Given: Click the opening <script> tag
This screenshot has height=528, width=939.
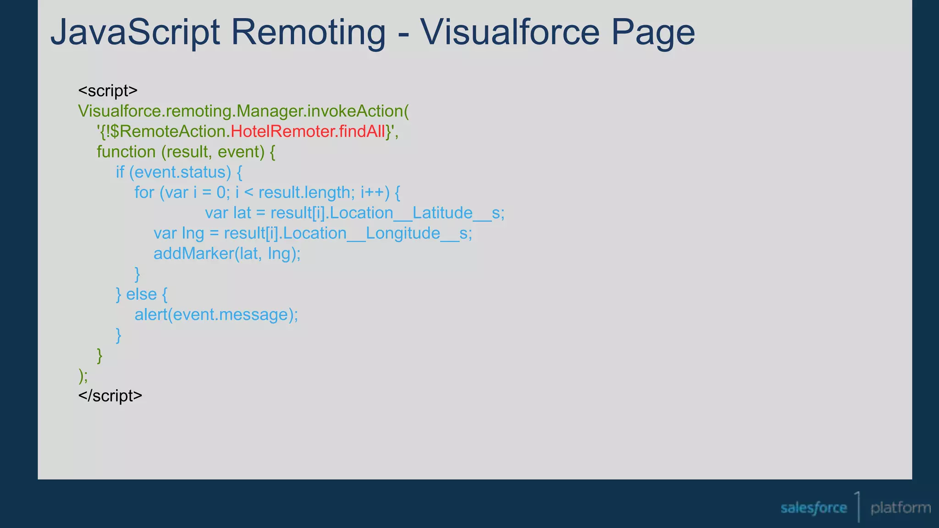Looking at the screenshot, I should [108, 91].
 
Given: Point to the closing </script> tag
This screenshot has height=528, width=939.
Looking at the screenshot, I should [110, 396].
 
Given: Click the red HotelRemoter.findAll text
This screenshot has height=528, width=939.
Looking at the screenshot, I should [308, 132].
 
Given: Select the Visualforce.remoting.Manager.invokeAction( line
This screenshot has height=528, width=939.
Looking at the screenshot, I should [243, 111].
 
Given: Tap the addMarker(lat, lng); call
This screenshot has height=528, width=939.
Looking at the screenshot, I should [227, 253].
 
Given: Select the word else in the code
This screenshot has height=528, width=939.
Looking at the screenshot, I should [141, 294].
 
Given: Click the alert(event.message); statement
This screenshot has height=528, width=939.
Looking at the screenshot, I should [216, 315].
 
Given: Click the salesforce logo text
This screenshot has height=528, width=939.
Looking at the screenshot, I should [813, 508].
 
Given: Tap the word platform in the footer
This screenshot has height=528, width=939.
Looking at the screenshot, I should [900, 508].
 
